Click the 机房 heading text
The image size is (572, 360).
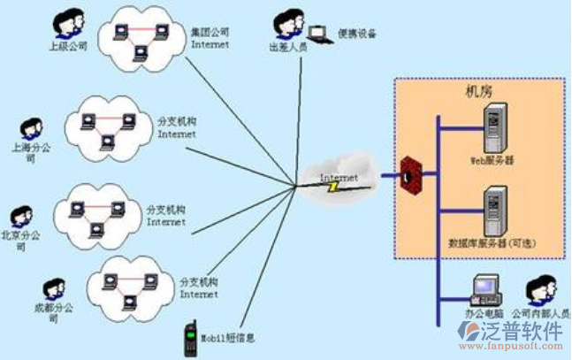479,91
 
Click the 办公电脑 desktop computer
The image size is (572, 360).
484,289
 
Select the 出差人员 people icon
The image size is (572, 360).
285,25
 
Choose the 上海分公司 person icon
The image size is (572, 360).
33,131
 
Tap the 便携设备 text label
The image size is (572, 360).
357,34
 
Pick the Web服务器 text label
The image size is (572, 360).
492,162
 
